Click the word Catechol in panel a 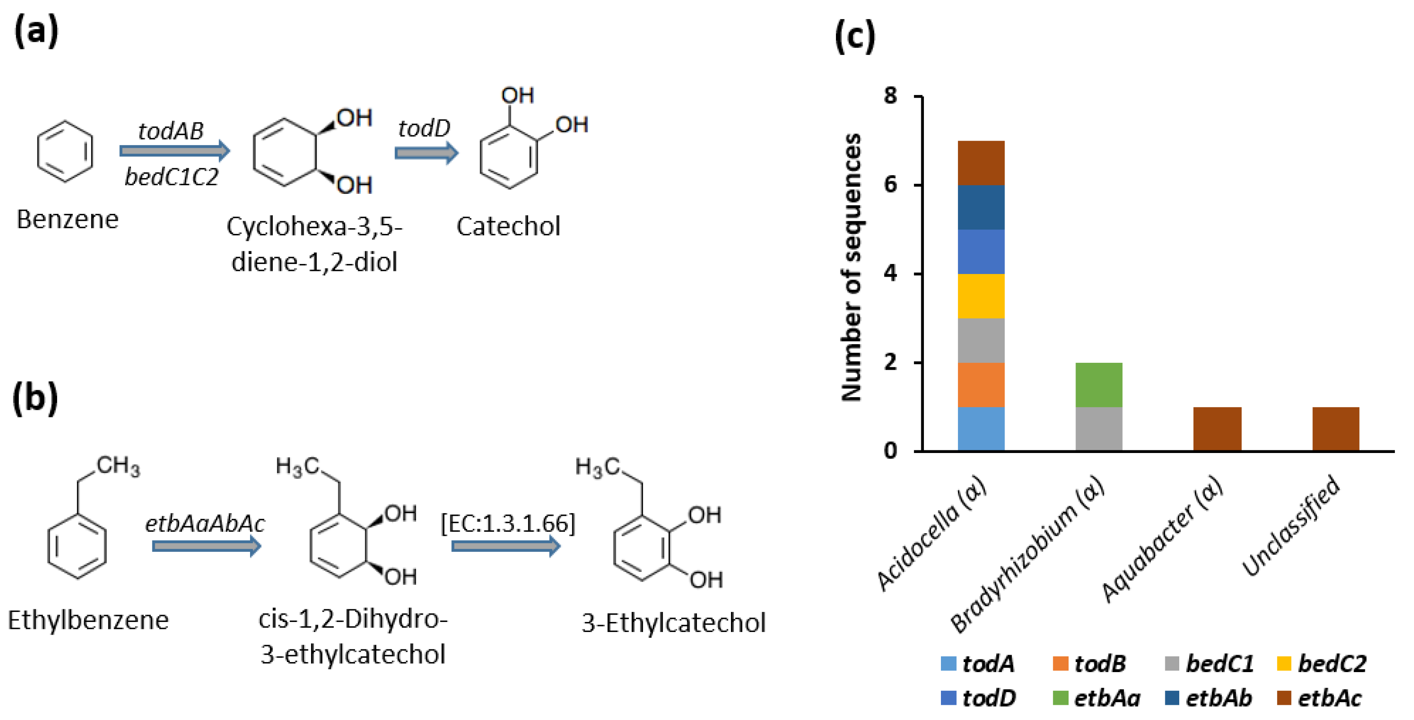pos(508,226)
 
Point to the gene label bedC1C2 pos(171,177)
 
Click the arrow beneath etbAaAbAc pos(206,546)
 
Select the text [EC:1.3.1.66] pos(508,523)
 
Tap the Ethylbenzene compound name pos(88,620)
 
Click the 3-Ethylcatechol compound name pos(673,623)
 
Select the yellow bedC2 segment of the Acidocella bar pos(981,296)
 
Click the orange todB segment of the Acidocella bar pos(981,385)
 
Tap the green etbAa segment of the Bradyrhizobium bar pos(1099,385)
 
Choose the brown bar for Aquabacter pos(1217,429)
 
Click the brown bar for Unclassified pos(1336,429)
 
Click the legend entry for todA pos(978,663)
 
